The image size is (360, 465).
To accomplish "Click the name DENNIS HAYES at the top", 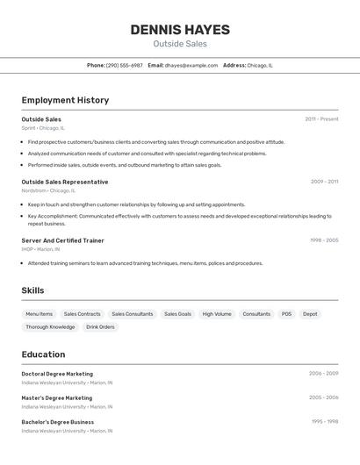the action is click(x=180, y=30).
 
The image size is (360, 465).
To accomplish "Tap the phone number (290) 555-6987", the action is click(x=124, y=65).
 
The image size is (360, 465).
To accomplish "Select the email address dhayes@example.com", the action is click(x=191, y=65).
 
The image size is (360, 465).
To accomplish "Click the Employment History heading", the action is click(x=65, y=100).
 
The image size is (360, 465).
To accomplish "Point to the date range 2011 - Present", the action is click(x=321, y=118).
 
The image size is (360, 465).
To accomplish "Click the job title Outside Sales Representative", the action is click(x=65, y=182).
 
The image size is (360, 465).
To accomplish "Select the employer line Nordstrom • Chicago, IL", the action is click(x=48, y=190).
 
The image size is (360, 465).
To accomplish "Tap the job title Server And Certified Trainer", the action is click(x=62, y=240).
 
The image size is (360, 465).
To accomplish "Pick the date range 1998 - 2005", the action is click(x=324, y=240).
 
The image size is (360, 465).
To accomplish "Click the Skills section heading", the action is click(x=32, y=290).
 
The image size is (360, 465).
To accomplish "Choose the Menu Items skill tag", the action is click(x=39, y=314).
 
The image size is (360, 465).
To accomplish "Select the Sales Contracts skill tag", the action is click(x=82, y=314).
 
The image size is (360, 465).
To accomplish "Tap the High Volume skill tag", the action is click(x=217, y=314).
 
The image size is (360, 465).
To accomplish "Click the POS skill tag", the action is click(x=286, y=314).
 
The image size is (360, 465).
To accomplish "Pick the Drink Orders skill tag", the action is click(x=100, y=327).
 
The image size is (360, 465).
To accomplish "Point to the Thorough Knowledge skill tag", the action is click(x=50, y=327).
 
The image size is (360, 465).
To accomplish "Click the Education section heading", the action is click(x=43, y=354).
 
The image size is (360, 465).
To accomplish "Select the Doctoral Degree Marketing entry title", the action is click(x=57, y=374).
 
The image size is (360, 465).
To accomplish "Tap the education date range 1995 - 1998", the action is click(x=324, y=421).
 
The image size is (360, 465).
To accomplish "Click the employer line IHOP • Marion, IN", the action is click(x=41, y=249).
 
